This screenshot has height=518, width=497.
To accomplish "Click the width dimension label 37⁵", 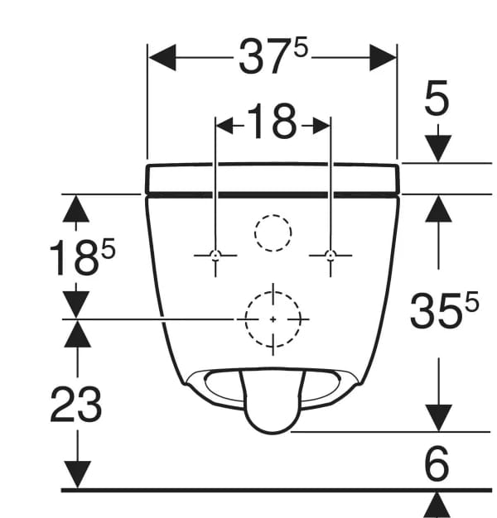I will [x=273, y=59].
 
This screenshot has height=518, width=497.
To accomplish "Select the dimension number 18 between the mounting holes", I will [x=273, y=123].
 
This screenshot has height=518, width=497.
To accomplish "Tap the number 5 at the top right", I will [x=437, y=99].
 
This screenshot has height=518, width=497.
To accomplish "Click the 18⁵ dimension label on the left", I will [x=80, y=258].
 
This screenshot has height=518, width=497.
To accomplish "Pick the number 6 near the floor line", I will [x=436, y=465].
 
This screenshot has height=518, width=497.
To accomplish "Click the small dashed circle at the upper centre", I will [x=273, y=233].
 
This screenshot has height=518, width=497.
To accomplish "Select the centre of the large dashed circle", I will [x=273, y=319].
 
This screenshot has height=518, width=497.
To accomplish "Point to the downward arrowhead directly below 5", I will [x=437, y=148].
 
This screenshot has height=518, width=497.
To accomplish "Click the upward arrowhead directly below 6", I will [x=437, y=504].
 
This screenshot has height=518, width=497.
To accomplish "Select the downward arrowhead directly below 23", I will [x=78, y=474].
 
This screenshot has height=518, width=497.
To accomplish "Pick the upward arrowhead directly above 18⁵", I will [x=77, y=208].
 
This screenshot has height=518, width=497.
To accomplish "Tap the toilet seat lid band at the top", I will [x=273, y=178].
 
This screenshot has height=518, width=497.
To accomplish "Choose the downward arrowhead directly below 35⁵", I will [x=437, y=416].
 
